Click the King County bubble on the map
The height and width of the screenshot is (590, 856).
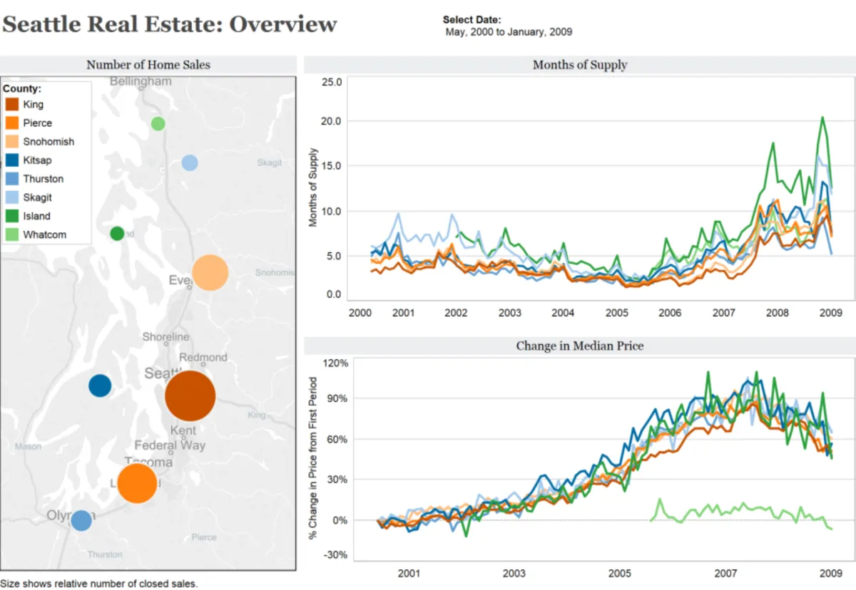190,396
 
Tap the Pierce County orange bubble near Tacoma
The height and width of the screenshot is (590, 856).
137,483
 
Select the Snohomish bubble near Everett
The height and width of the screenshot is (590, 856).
210,273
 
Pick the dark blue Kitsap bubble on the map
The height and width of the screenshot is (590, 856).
100,385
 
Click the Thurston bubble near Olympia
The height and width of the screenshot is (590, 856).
81,520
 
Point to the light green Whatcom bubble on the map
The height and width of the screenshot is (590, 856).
158,123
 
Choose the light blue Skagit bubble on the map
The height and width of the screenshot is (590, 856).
189,162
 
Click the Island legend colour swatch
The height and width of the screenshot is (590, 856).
12,216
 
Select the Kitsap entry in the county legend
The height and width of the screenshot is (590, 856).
37,160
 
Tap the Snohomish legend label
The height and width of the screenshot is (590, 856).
49,142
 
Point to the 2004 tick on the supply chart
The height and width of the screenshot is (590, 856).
563,312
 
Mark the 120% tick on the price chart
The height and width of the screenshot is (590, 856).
335,363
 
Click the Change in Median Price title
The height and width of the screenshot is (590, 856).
580,346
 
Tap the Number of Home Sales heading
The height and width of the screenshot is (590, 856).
148,65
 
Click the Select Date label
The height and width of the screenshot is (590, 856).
472,20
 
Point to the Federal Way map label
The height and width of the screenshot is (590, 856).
170,445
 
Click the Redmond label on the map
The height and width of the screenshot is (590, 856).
203,357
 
